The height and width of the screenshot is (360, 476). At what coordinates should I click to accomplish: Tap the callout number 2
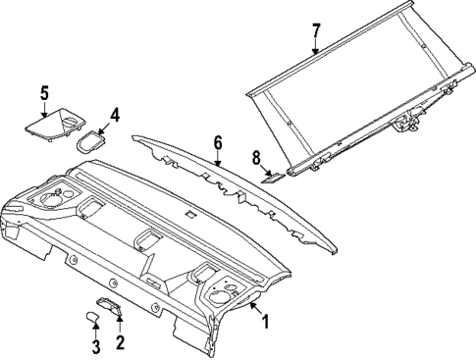pos(120,342)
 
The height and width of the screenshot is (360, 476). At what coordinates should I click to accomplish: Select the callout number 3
pos(95,346)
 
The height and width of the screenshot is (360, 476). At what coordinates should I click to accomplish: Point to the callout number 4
pos(115,116)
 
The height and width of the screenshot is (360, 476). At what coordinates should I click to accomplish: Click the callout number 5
pos(44,93)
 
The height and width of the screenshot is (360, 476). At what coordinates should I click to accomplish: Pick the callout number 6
pos(218,142)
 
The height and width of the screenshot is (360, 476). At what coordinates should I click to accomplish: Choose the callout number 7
pos(315,29)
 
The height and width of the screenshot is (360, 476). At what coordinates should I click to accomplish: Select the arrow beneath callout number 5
pos(44,111)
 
